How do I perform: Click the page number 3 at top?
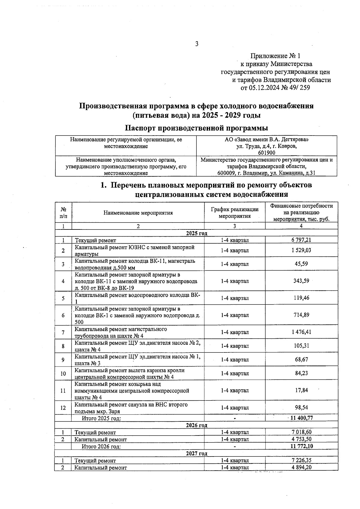[196, 44]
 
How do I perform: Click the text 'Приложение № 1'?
[275, 56]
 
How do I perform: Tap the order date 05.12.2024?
[264, 88]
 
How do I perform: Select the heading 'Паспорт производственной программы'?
[196, 128]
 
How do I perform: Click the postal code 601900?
[266, 153]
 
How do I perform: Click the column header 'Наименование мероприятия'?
[138, 213]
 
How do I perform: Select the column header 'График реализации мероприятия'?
[235, 213]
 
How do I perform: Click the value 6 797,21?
[301, 240]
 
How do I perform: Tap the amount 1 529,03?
[301, 250]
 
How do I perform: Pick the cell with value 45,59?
[301, 264]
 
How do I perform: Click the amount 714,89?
[301, 315]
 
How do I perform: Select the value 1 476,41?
[301, 332]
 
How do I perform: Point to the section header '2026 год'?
[196, 425]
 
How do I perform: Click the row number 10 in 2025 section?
[63, 373]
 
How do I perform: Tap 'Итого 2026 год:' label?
[101, 446]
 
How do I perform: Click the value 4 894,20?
[301, 467]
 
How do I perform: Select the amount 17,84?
[301, 390]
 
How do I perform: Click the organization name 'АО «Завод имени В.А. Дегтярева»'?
[266, 139]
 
